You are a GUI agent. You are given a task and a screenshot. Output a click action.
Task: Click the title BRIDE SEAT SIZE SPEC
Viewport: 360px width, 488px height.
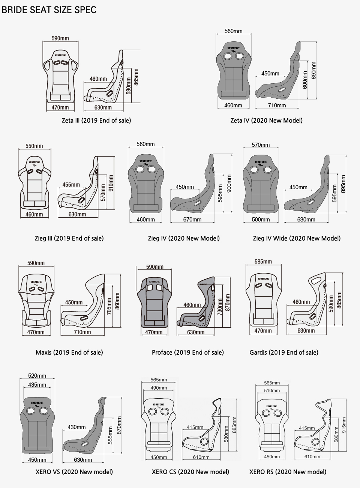pos(49,10)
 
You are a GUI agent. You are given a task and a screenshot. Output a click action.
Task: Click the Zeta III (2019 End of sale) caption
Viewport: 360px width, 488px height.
pos(96,120)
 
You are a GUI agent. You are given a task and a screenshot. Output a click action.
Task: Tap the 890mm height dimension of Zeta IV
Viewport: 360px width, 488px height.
pos(313,71)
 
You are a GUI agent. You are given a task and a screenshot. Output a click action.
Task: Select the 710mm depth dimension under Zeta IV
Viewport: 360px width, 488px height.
pos(277,105)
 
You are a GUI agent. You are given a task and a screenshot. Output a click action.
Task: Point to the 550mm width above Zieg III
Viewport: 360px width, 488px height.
pos(34,146)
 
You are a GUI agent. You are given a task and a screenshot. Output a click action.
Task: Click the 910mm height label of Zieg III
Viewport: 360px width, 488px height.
pos(111,183)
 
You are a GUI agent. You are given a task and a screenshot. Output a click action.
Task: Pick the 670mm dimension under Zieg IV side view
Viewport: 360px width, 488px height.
pos(192,219)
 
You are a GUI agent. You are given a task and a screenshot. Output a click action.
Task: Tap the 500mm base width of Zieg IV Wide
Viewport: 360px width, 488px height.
pos(261,219)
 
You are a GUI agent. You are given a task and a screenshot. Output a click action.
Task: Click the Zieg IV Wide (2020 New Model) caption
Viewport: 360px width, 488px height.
pos(297,238)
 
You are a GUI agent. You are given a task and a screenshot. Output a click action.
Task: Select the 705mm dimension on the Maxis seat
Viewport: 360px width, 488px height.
pos(109,306)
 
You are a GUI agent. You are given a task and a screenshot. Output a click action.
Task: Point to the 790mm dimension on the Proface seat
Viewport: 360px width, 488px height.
pos(220,307)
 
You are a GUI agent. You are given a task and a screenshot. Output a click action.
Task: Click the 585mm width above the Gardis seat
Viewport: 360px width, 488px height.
pos(263,262)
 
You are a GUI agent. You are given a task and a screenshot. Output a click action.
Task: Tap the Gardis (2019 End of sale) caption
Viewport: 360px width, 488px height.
pos(284,352)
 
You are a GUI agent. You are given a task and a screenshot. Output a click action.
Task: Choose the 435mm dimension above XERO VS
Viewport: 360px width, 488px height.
pos(37,385)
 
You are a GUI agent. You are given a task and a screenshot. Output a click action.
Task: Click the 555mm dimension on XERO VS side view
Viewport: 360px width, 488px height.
pos(110,435)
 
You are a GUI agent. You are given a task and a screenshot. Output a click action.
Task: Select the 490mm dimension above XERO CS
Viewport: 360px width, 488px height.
pos(159,388)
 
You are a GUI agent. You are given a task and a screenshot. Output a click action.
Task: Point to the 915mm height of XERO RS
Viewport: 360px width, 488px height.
pos(344,425)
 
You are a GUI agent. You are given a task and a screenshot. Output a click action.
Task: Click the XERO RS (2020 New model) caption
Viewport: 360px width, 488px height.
pos(288,472)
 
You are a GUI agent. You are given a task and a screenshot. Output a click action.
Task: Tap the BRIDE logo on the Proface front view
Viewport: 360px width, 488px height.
pos(154,282)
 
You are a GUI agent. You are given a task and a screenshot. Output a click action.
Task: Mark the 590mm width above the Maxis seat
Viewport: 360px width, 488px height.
pos(36,263)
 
